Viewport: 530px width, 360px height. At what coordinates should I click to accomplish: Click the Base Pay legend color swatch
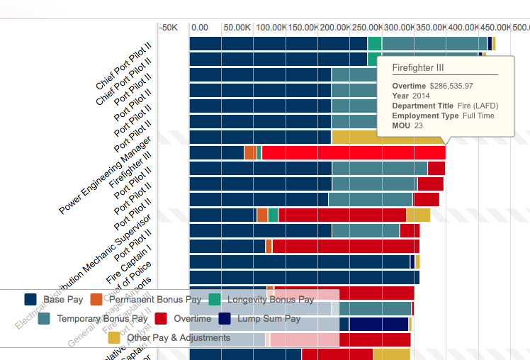point(30,300)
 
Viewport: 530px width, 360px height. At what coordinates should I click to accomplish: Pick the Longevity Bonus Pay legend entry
point(270,300)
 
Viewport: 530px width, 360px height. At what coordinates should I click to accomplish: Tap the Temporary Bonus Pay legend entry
point(102,319)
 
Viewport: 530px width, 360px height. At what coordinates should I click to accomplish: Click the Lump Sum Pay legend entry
point(269,319)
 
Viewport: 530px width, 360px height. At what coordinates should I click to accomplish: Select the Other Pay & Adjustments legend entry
point(178,338)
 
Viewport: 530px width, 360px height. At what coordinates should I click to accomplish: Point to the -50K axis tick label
point(168,27)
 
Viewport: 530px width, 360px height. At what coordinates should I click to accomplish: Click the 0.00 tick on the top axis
point(200,27)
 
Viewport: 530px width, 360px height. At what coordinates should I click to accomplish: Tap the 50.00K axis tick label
point(237,27)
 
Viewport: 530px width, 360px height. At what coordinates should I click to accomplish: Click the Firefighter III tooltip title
point(418,67)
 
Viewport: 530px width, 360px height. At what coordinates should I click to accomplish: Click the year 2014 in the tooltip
point(421,96)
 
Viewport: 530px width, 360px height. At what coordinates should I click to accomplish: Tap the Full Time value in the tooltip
point(478,116)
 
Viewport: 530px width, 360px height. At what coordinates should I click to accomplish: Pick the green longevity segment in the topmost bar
point(374,44)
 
